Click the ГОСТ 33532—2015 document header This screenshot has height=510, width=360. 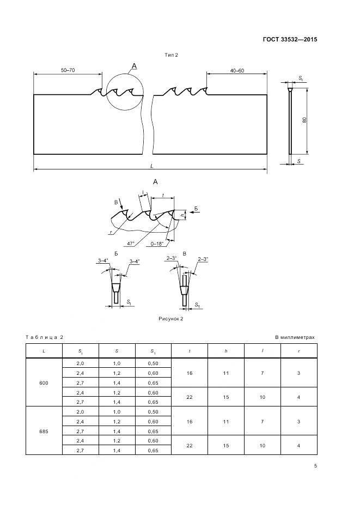[x=290, y=40]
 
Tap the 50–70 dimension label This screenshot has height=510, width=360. [x=68, y=70]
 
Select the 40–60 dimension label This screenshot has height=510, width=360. [x=237, y=71]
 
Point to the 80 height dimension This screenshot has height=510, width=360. [x=304, y=120]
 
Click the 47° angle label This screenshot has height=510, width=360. [x=131, y=244]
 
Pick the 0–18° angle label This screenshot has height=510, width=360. [x=157, y=244]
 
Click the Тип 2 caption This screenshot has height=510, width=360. [x=172, y=55]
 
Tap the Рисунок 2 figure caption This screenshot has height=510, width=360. [x=170, y=319]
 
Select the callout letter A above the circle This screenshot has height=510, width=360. [x=134, y=66]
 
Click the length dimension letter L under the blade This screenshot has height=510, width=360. [x=152, y=166]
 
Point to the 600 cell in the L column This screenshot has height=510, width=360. [x=44, y=383]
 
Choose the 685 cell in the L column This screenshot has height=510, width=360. [x=44, y=432]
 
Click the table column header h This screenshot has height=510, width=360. [x=226, y=351]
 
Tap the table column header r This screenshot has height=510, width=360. [x=299, y=351]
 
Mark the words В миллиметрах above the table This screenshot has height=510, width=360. [x=295, y=337]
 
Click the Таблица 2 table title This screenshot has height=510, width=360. [x=44, y=337]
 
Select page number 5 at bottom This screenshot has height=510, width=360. [x=315, y=466]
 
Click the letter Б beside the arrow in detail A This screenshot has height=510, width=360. [x=196, y=208]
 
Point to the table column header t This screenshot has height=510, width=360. [x=190, y=351]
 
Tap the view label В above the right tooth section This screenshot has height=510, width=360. [x=185, y=254]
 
